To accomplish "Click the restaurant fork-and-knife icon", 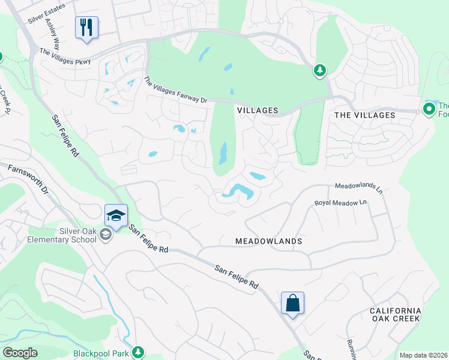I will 86,27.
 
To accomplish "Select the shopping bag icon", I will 292,303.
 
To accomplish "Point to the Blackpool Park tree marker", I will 139,352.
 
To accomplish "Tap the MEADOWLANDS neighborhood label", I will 268,241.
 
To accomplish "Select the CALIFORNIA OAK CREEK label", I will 396,314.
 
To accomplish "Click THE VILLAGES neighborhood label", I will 364,115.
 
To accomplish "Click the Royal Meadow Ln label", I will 340,203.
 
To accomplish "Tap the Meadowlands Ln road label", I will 358,188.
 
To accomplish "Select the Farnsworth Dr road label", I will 28,179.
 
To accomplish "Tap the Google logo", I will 19,353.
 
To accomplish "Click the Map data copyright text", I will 423,355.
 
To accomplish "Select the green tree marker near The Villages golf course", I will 320,71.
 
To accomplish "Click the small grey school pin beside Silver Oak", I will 106,235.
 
